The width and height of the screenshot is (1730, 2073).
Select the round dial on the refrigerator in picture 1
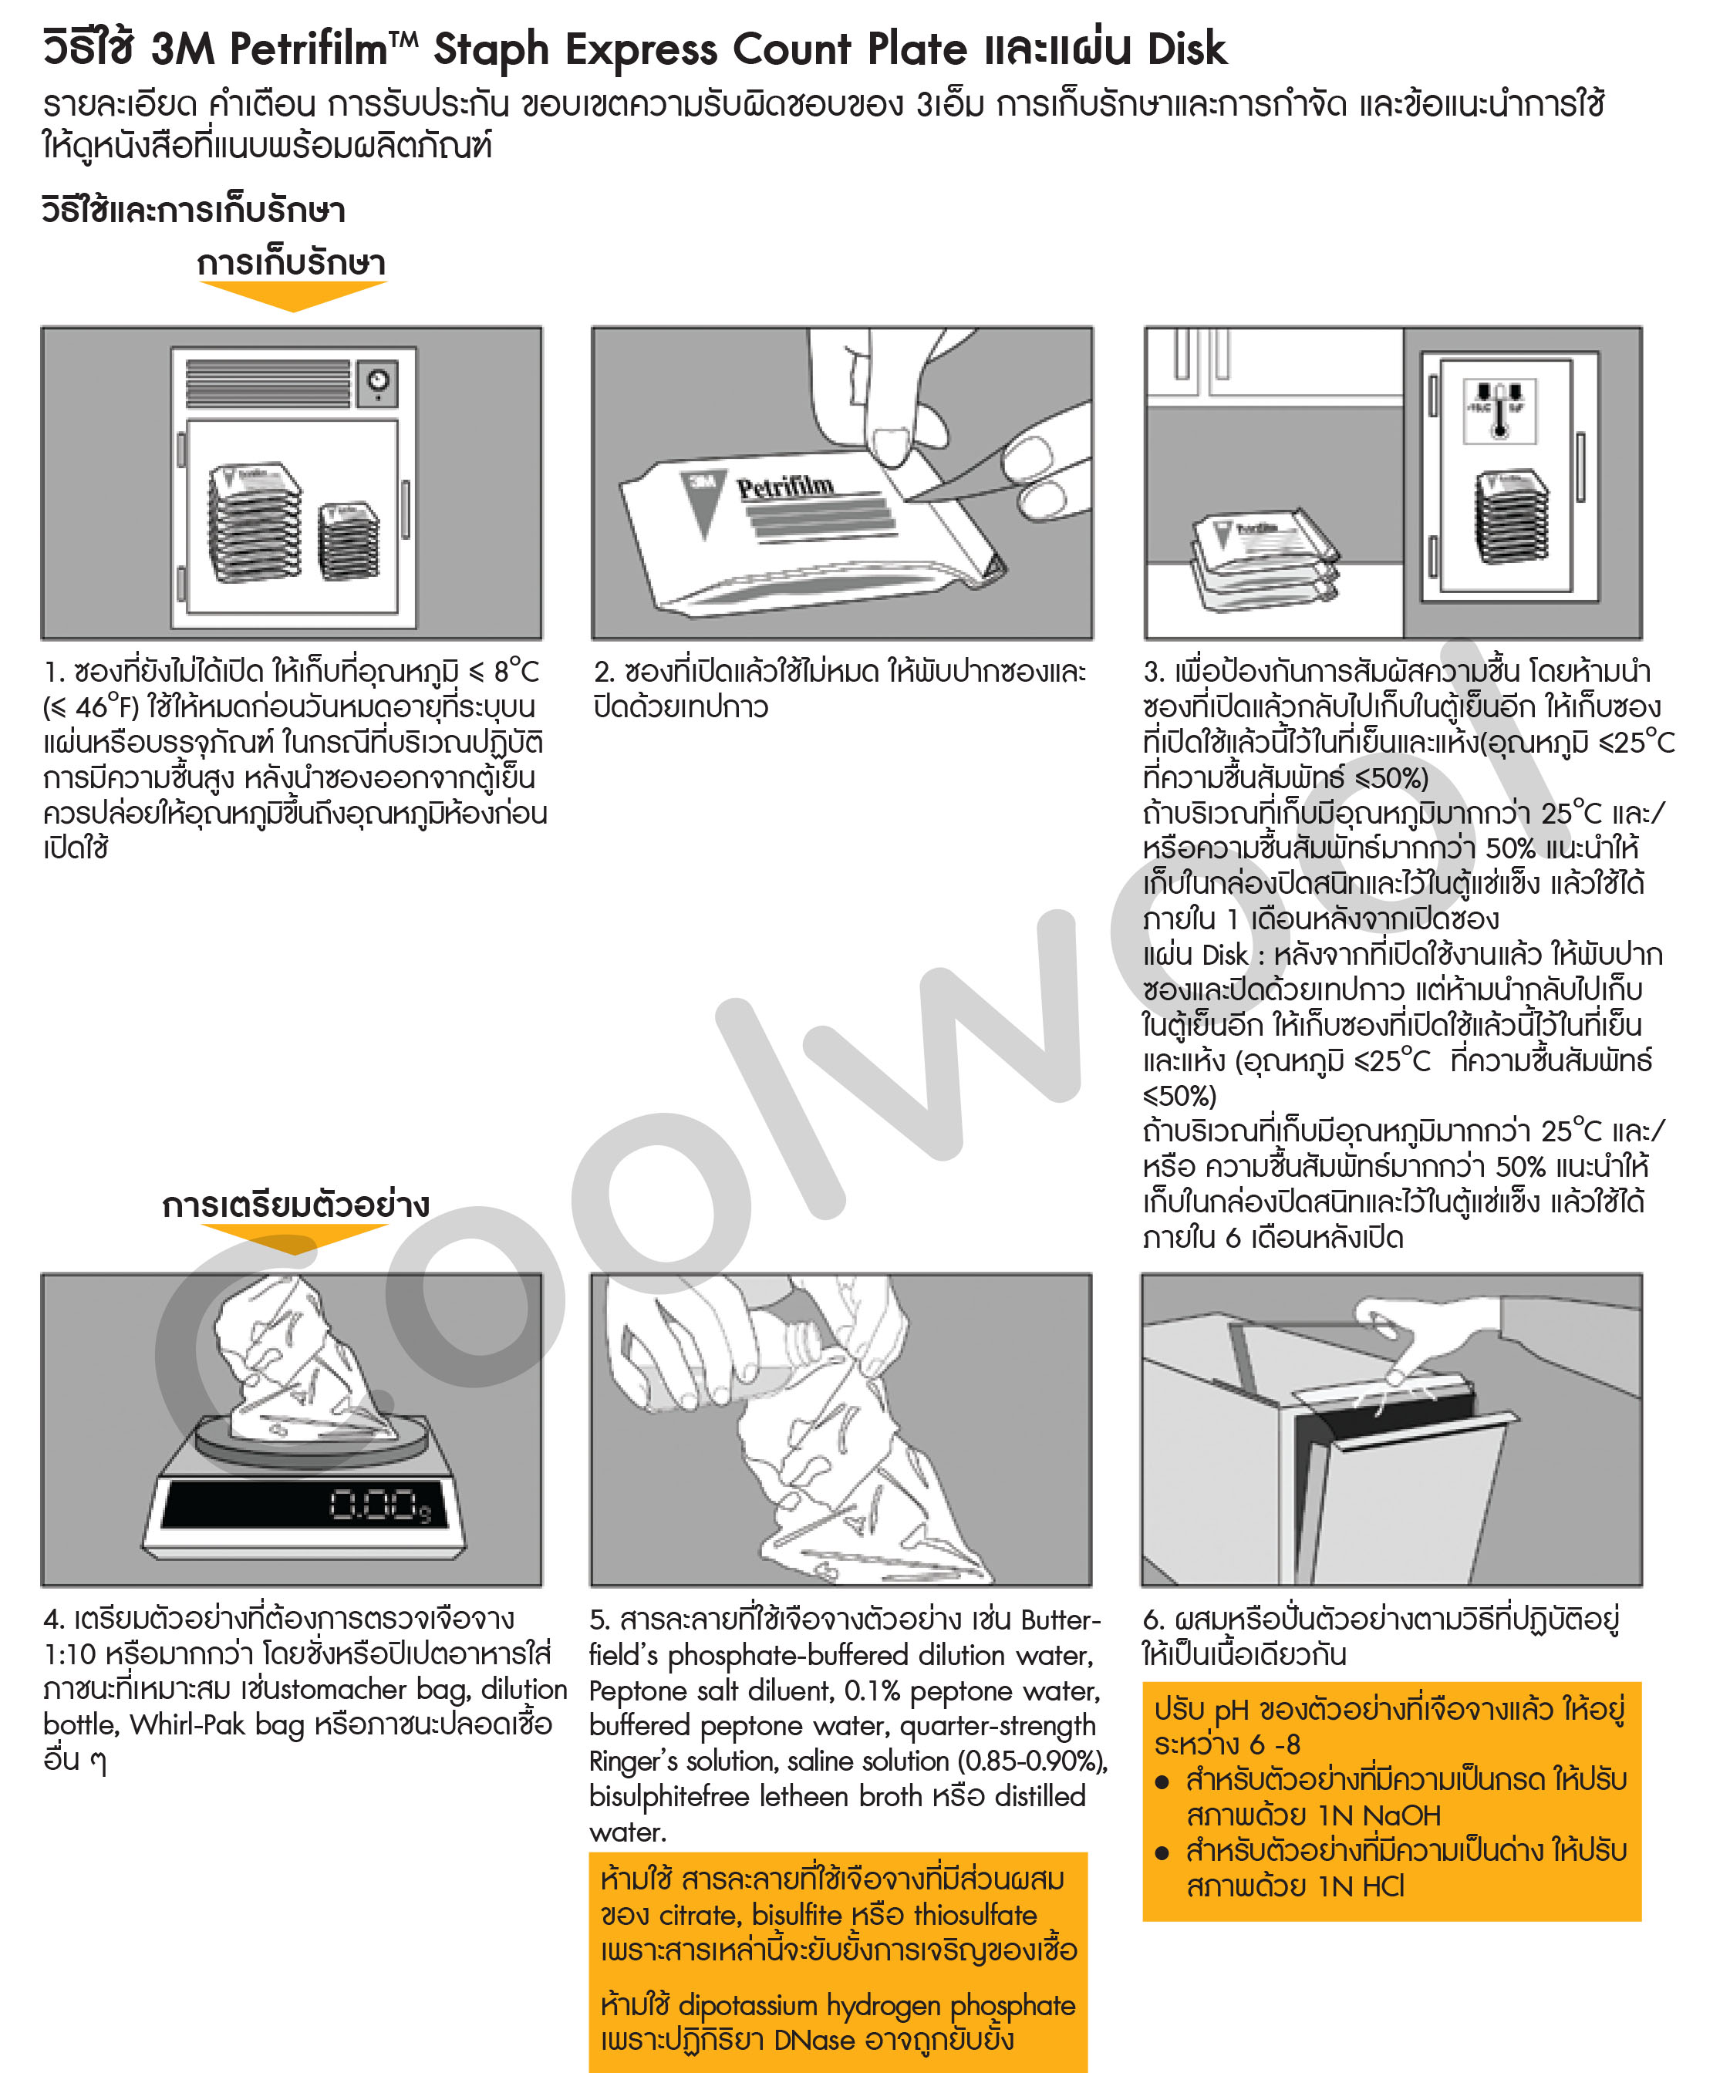coord(377,381)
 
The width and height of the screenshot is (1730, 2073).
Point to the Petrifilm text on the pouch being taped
coord(785,487)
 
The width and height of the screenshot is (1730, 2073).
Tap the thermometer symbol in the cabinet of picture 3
coord(1499,410)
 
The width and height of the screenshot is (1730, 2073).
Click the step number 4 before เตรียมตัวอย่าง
coord(52,1619)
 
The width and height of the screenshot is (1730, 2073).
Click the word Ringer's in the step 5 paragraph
coord(631,1761)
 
